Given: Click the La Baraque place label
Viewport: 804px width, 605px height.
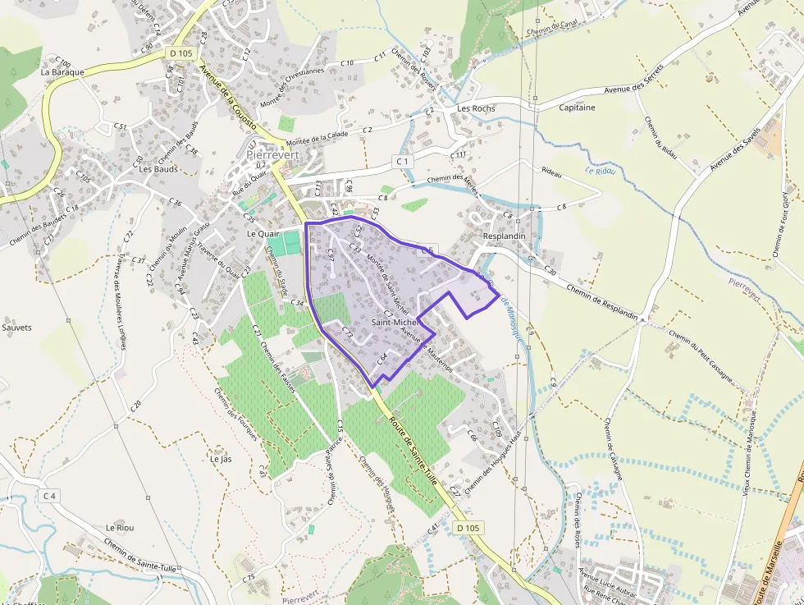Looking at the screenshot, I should (62, 72).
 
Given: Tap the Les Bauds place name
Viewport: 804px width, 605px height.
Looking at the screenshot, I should (158, 169).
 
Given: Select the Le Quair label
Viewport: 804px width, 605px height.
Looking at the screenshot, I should (264, 233).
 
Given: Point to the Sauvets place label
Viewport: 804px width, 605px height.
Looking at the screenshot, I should (16, 328).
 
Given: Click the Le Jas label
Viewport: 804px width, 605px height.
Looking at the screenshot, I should (221, 459).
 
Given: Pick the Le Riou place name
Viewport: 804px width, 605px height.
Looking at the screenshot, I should (119, 527).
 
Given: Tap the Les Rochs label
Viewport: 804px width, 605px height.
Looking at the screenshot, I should (476, 108).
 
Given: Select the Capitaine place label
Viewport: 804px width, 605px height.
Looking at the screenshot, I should (577, 108).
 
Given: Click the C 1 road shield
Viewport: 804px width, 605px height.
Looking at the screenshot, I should (402, 162).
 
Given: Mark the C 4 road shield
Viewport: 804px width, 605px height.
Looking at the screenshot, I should (49, 496).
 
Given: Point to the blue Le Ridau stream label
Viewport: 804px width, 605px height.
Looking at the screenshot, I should (600, 171).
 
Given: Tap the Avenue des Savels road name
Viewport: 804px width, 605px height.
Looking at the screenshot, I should (736, 144).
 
